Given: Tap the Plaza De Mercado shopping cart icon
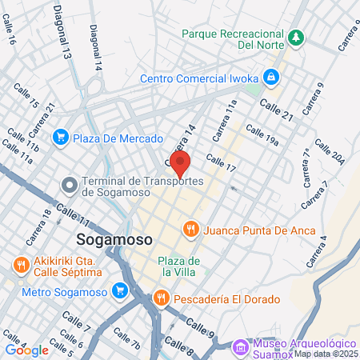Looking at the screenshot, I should tap(60, 138).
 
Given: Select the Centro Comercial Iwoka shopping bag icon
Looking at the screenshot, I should tap(272, 77).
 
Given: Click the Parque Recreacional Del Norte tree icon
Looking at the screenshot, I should tap(296, 38).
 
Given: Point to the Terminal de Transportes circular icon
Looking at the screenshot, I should tap(70, 186).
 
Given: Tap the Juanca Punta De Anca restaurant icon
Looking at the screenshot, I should tap(190, 230).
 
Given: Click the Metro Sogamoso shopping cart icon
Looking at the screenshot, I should tap(121, 290).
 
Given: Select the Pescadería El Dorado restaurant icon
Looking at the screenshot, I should tap(161, 298).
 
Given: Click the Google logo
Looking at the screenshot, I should tap(26, 350).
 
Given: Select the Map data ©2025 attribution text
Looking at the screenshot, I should tap(326, 354).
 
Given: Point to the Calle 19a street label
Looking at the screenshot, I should tap(262, 136).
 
